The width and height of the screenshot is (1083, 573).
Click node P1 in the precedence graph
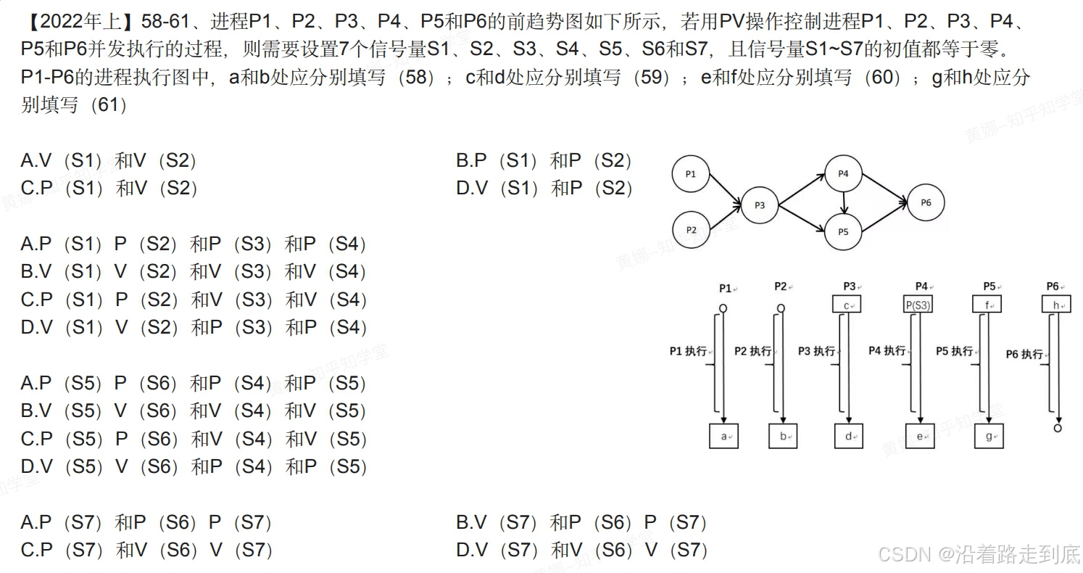691,173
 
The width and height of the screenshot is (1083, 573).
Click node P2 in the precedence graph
691,230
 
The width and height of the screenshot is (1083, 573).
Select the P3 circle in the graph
759,205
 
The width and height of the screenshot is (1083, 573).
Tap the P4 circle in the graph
843,173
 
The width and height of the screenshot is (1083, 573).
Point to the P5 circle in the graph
843,232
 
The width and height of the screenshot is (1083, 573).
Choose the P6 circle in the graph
926,202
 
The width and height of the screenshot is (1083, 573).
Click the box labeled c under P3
847,305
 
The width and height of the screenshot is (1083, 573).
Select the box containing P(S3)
918,305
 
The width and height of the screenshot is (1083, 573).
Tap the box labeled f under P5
987,305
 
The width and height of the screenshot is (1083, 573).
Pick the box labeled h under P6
1056,305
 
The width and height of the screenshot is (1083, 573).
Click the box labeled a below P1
723,436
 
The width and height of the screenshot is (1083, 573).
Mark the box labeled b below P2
783,436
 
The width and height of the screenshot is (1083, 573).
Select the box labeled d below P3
849,436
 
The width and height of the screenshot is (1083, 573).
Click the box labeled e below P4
920,436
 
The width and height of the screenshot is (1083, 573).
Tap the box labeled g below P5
989,436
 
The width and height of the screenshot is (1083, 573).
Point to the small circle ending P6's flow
1058,429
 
